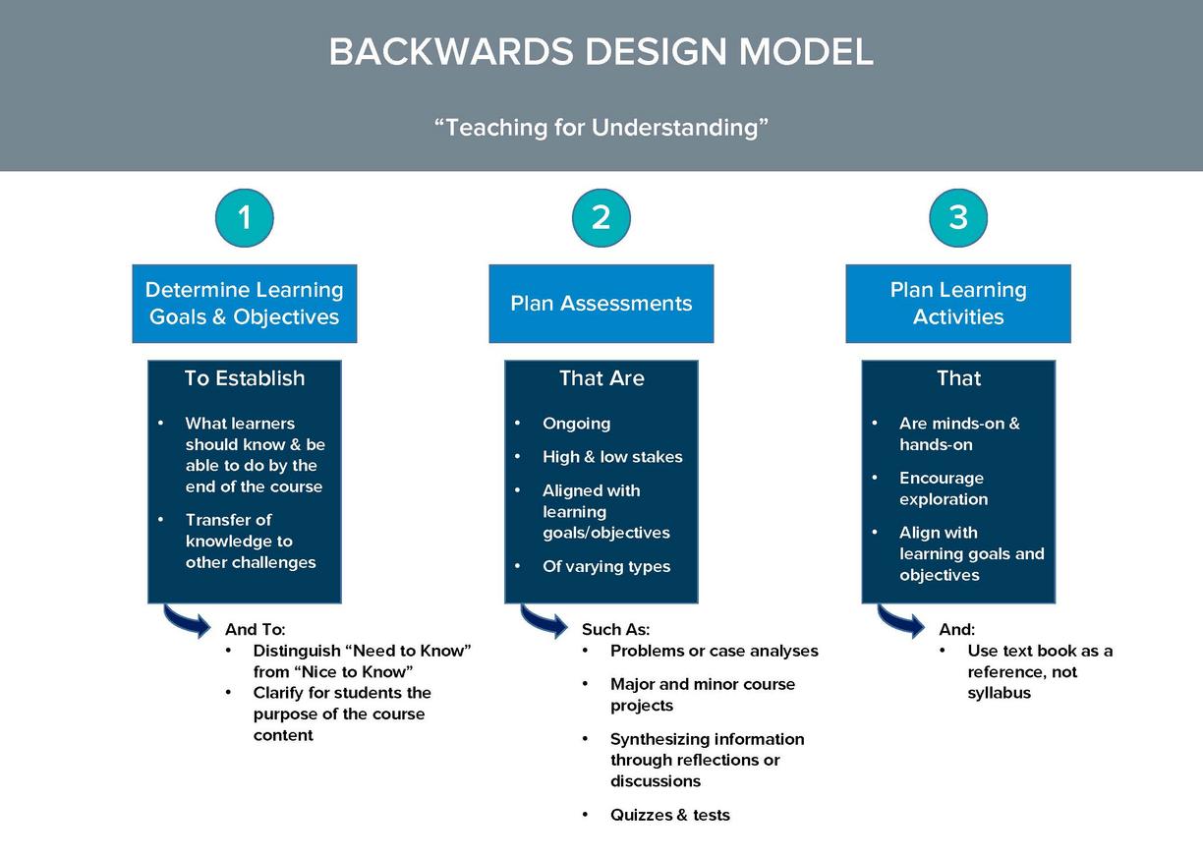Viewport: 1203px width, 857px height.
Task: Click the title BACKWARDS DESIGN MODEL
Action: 601,52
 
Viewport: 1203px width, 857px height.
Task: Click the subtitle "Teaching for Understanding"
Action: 601,127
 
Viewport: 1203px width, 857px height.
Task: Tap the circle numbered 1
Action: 244,217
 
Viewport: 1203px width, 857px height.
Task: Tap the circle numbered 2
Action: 601,217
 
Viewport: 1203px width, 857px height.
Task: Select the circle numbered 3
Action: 957,217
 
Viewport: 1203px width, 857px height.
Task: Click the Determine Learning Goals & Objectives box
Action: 244,304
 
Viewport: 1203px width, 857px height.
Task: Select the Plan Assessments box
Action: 601,304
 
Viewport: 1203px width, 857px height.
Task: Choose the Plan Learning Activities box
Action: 957,304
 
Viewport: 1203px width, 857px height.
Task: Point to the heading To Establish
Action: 244,378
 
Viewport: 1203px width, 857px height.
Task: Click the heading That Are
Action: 601,378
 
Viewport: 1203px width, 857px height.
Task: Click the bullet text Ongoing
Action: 576,424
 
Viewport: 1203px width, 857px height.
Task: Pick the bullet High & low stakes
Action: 611,457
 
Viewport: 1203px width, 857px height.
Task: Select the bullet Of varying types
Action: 605,567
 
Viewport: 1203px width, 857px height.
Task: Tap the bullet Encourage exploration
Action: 943,488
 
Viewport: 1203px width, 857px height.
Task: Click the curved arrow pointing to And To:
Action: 187,621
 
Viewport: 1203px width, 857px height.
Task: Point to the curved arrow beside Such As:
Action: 544,621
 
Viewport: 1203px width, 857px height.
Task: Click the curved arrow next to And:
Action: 900,621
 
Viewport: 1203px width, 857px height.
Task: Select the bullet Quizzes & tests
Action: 669,815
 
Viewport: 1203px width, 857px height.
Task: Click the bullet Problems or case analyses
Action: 714,651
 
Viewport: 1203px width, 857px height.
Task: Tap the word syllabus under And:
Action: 999,693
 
